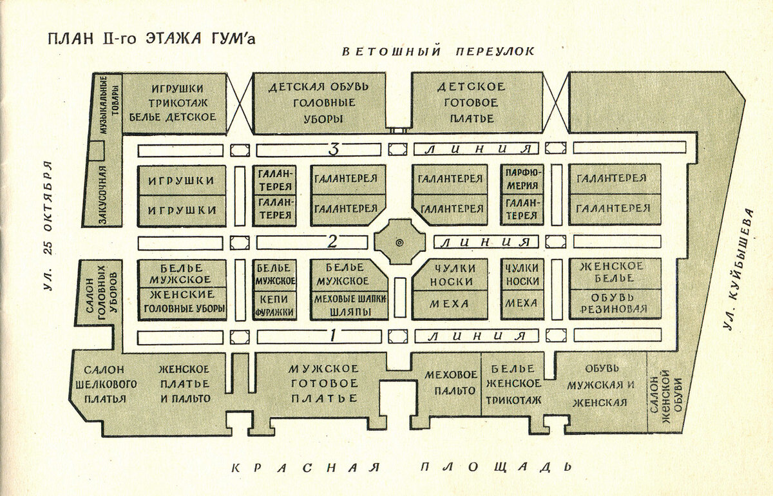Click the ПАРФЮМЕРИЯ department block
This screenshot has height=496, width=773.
(522, 180)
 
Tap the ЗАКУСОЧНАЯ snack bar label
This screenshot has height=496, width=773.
(103, 195)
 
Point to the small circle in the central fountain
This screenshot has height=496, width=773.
(399, 242)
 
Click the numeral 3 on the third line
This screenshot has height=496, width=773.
(334, 150)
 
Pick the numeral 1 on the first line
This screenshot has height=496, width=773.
(332, 336)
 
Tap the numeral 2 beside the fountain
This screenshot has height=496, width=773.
(332, 242)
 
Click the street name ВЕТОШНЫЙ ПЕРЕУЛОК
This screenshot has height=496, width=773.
(438, 52)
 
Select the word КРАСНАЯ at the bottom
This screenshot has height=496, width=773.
(305, 468)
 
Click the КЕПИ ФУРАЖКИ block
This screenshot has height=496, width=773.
(274, 305)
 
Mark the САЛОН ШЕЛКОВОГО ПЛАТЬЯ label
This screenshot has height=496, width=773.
(106, 384)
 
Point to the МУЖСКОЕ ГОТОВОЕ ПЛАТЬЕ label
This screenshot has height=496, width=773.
(324, 383)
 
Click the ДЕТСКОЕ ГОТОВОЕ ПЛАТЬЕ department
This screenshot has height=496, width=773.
(471, 103)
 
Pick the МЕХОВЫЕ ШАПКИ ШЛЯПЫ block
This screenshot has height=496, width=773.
(349, 306)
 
